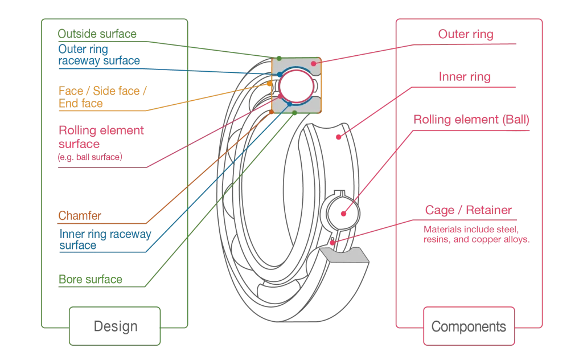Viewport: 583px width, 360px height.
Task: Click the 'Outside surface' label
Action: (97, 34)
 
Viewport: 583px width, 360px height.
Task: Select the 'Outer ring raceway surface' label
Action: (98, 55)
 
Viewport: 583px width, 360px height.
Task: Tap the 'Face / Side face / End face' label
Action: (103, 97)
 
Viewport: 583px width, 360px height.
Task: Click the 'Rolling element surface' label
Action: (101, 137)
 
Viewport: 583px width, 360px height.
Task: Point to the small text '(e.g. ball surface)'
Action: (89, 157)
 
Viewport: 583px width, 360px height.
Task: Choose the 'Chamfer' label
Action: (79, 216)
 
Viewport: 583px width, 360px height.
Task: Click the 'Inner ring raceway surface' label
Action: (105, 239)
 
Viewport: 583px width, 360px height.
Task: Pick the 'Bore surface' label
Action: (90, 280)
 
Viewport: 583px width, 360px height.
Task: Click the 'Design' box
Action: (115, 326)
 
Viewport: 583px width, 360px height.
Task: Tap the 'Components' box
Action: (469, 326)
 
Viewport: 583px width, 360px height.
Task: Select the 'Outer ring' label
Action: (466, 34)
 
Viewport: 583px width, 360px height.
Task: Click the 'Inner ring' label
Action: (465, 76)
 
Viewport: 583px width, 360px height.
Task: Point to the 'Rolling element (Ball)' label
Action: (471, 120)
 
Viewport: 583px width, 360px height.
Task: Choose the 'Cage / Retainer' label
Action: (468, 210)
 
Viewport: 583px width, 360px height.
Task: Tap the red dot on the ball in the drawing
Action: (343, 214)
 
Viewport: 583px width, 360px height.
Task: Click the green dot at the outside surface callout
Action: (279, 59)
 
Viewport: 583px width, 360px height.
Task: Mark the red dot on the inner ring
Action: (338, 136)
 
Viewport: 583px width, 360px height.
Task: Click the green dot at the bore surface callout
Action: (294, 113)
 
